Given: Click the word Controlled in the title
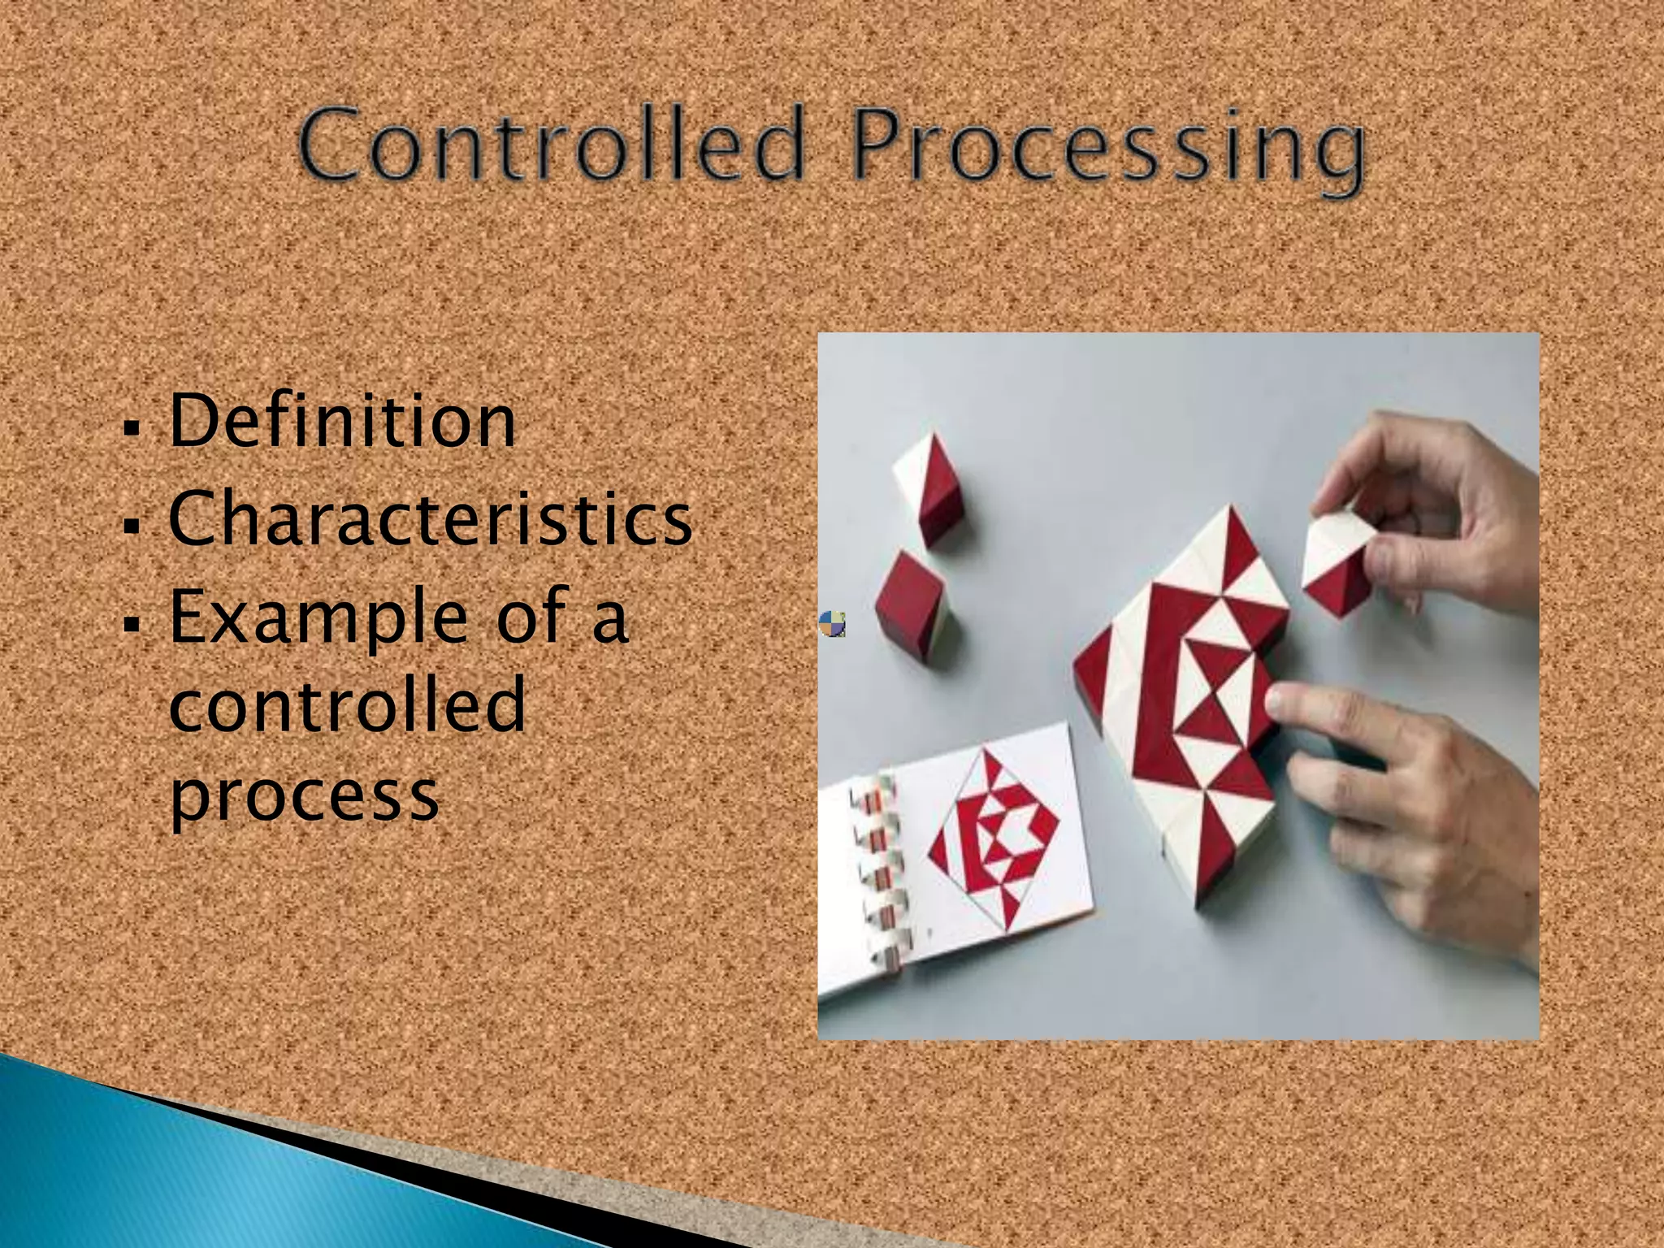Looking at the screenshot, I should tap(552, 146).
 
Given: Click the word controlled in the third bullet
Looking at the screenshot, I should tap(348, 705).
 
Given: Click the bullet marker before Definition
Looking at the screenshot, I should tap(130, 426).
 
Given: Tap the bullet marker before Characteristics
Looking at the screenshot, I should tap(130, 524).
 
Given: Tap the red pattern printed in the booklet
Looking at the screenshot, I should tap(993, 837).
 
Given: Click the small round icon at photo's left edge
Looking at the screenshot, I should tap(832, 624).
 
